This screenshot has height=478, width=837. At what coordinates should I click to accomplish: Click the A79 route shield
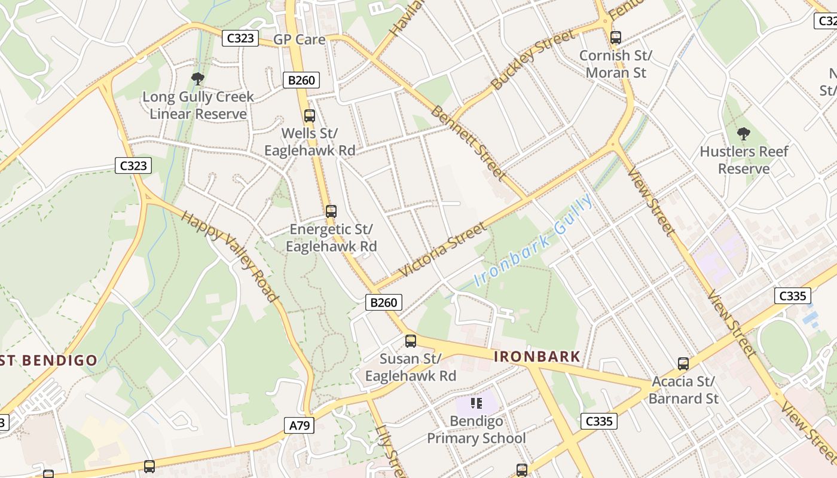tap(299, 425)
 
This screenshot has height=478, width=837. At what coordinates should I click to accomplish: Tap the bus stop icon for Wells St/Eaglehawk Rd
tap(310, 116)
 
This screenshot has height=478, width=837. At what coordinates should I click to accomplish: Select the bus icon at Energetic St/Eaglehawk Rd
tap(331, 211)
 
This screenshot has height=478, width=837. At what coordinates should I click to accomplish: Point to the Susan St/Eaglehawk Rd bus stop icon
tap(411, 341)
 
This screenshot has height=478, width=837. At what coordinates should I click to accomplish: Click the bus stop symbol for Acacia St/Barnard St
tap(683, 363)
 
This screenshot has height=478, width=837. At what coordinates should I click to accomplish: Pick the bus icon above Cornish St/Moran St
tap(616, 38)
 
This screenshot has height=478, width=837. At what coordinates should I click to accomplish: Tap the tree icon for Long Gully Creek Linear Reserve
tap(197, 78)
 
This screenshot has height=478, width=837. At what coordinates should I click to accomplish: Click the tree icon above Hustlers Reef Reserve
tap(744, 133)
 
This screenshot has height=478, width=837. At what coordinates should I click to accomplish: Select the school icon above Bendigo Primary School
tap(476, 403)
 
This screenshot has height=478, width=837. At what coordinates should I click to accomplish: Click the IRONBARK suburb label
tap(537, 357)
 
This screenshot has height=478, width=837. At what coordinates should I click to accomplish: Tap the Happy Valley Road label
tap(230, 256)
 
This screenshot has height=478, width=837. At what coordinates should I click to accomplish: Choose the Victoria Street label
tap(442, 249)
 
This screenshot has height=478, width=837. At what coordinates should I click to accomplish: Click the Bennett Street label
tap(469, 143)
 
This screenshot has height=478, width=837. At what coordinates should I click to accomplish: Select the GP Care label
tap(300, 39)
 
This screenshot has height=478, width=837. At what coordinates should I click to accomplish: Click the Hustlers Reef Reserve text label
tap(744, 160)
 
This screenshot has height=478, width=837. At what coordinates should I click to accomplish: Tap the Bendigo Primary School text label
tap(476, 430)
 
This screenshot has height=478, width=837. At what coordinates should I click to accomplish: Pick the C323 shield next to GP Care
tap(240, 38)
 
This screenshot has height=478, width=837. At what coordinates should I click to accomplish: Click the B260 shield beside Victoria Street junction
tap(383, 302)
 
